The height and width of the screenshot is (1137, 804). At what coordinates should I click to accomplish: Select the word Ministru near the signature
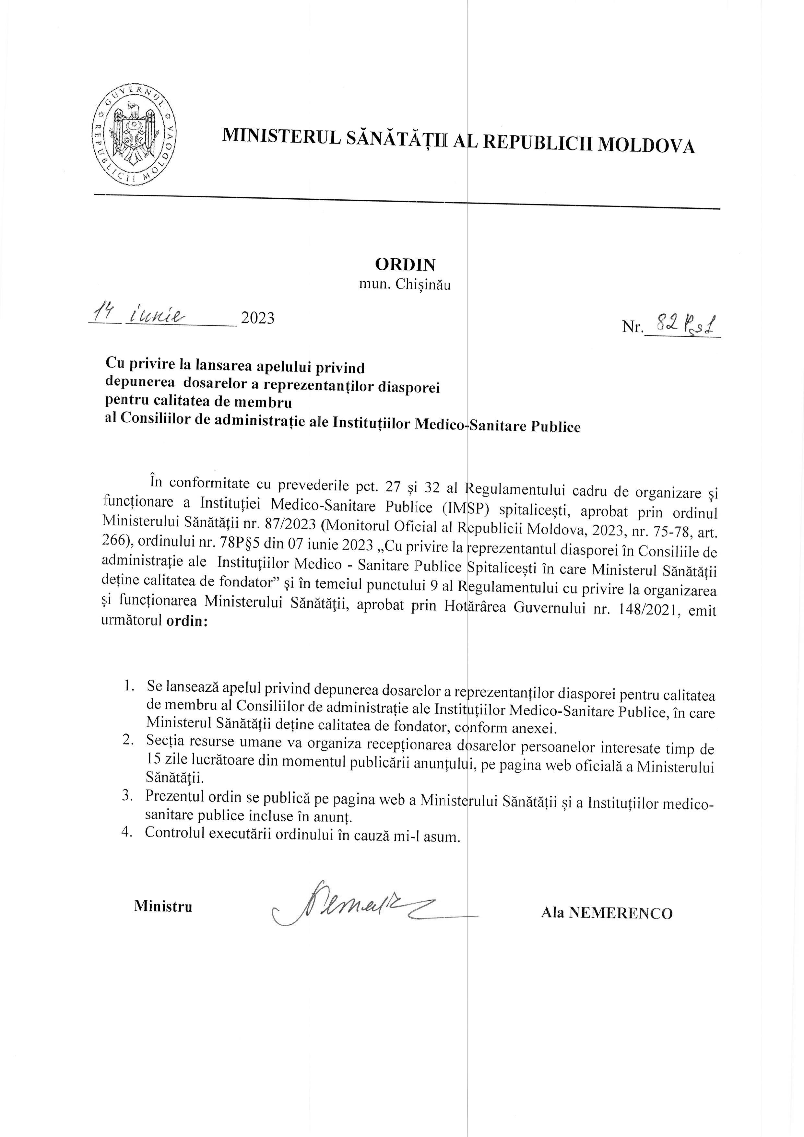[163, 906]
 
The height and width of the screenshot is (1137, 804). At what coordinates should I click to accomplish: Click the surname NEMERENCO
[621, 913]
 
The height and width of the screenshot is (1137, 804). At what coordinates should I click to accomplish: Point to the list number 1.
[130, 686]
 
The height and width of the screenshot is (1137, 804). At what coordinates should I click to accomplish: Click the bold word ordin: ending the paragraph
[187, 621]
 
